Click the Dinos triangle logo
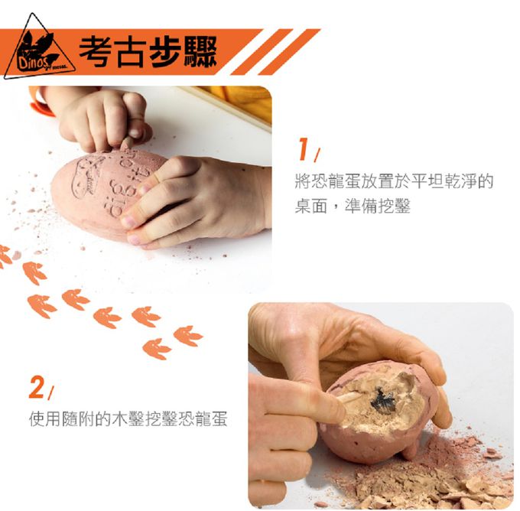[x=38, y=50]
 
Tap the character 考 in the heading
[x=95, y=52]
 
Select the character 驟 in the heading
[x=201, y=52]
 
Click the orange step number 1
[x=304, y=149]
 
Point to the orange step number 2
[x=37, y=387]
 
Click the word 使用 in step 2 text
[x=45, y=418]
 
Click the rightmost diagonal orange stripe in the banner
[x=289, y=52]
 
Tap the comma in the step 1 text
[x=336, y=209]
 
